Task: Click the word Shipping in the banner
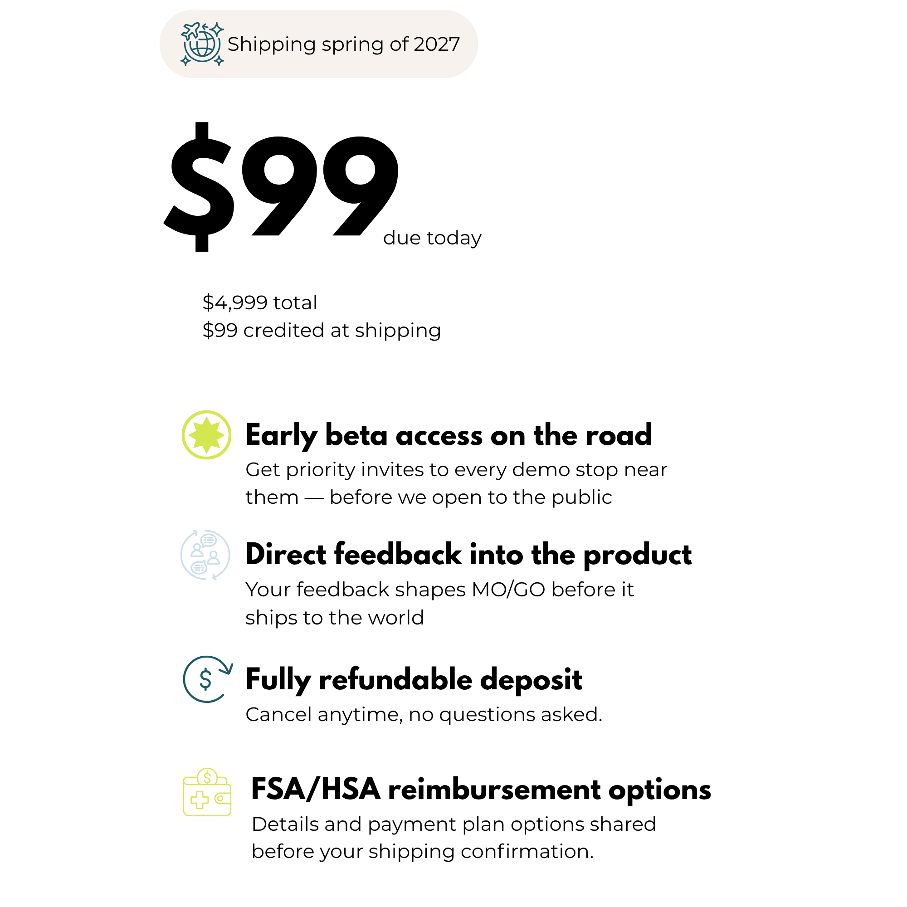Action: [x=271, y=44]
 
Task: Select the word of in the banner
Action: [x=399, y=44]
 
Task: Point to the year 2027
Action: [x=437, y=44]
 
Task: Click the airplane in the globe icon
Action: [x=190, y=31]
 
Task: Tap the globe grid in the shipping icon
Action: [x=203, y=45]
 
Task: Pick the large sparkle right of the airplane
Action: [x=216, y=29]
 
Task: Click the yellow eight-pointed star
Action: [x=206, y=435]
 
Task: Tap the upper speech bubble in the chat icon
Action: [x=209, y=541]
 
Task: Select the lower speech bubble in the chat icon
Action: [x=199, y=568]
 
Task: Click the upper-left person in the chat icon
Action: [x=197, y=550]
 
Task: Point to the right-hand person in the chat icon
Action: [x=214, y=557]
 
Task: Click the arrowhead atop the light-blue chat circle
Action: [x=195, y=532]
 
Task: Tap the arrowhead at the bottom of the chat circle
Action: [x=215, y=577]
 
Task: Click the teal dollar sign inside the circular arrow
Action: [x=205, y=679]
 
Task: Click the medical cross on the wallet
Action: [x=200, y=800]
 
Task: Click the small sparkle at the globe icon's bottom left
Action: [x=185, y=61]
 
